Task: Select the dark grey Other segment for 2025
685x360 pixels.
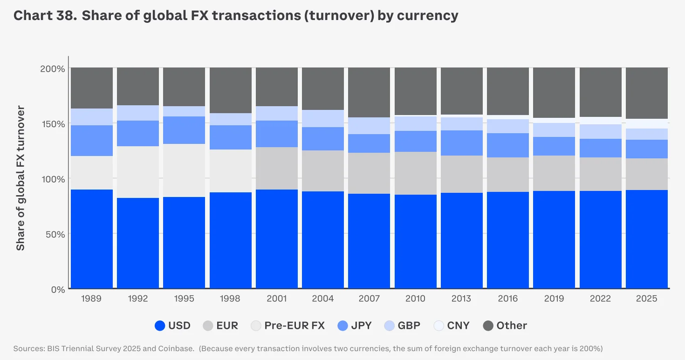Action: pyautogui.click(x=647, y=93)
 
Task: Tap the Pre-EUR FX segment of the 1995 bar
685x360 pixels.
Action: pyautogui.click(x=184, y=170)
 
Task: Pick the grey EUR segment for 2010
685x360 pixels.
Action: pyautogui.click(x=416, y=173)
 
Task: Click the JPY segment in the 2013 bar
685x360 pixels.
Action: pyautogui.click(x=462, y=143)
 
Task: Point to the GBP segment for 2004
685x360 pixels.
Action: pyautogui.click(x=323, y=118)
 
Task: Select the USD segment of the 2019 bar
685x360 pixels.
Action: pyautogui.click(x=554, y=240)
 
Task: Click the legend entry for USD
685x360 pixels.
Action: pyautogui.click(x=172, y=326)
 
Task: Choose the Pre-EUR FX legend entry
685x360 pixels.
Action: pyautogui.click(x=288, y=326)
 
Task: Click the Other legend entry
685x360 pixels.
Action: pyautogui.click(x=505, y=326)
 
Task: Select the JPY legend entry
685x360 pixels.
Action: pyautogui.click(x=355, y=326)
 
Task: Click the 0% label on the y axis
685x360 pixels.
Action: pyautogui.click(x=57, y=289)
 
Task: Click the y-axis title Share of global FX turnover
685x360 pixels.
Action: pyautogui.click(x=21, y=178)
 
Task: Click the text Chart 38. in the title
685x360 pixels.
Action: pyautogui.click(x=45, y=15)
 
